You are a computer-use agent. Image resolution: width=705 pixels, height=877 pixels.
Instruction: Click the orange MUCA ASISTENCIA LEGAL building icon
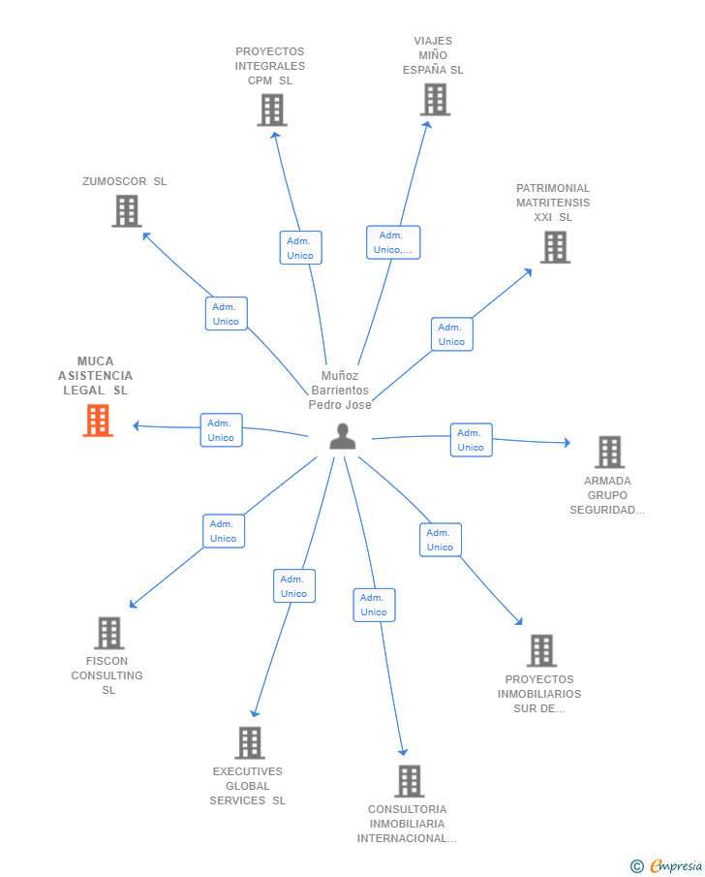tap(98, 421)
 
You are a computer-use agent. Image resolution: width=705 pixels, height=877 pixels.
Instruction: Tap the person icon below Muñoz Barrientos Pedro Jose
tap(343, 436)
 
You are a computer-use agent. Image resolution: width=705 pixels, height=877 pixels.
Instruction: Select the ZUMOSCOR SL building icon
tap(127, 211)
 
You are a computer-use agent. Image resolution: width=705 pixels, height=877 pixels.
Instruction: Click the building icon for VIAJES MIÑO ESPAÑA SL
tap(436, 100)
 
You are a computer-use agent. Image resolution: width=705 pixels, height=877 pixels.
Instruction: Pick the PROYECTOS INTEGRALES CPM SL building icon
tap(272, 110)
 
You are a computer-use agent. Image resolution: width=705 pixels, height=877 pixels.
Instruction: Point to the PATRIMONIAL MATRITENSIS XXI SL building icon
tap(555, 247)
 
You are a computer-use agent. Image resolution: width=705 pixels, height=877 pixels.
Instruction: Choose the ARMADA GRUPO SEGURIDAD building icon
tap(609, 452)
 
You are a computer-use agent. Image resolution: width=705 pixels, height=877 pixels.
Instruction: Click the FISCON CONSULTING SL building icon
tap(109, 633)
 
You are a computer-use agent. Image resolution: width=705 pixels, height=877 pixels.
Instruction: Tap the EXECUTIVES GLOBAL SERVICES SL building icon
tap(250, 742)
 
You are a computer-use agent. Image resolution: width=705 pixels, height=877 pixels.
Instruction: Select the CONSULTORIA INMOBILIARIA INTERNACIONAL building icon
tap(410, 781)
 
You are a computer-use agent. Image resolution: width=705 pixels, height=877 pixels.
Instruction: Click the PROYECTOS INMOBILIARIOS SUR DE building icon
tap(541, 650)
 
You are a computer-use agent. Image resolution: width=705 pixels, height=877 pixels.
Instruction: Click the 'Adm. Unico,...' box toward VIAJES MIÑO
tap(393, 242)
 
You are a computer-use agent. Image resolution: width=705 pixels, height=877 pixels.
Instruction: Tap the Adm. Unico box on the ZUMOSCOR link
tap(226, 314)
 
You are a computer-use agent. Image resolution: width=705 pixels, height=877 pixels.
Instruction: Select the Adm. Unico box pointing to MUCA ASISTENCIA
tap(222, 430)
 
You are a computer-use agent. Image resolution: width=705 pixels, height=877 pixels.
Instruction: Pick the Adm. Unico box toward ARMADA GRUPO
tap(472, 440)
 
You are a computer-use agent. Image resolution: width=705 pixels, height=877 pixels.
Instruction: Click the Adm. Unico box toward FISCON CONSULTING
tap(224, 531)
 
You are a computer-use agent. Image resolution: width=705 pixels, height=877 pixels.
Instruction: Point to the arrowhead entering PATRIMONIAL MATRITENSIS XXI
tap(528, 272)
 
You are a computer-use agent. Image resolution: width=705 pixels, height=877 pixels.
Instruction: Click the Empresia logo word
tap(676, 865)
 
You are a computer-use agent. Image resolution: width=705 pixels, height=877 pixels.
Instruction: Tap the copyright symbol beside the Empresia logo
tap(637, 866)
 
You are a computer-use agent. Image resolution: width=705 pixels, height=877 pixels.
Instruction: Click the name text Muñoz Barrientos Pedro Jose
tap(340, 391)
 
